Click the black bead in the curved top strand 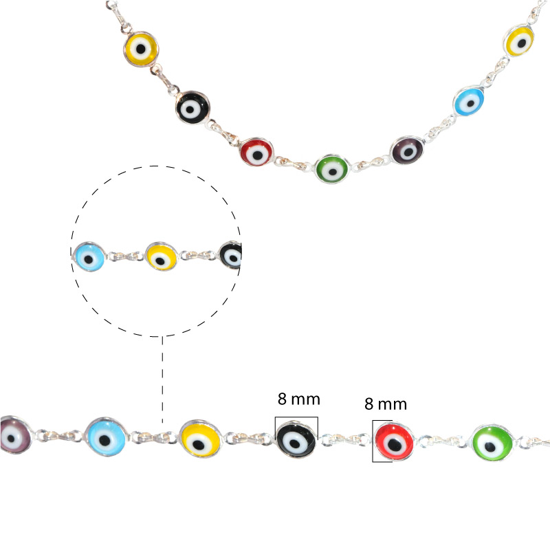pos(192,108)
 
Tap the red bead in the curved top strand pos(256,152)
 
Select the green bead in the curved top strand pos(332,169)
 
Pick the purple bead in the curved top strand pos(407,150)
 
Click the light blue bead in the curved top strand pos(469,100)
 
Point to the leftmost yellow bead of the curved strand pos(141,49)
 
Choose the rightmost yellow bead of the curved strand pos(520,40)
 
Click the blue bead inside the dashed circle pos(89,256)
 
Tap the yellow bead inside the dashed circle pos(162,256)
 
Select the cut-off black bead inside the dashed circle pos(230,255)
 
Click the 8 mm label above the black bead pos(299,399)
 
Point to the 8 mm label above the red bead pos(386,404)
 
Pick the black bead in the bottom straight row pos(296,439)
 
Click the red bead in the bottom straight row pos(394,441)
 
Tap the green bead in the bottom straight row pos(492,443)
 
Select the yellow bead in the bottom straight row pos(200,439)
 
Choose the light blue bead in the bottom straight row pos(107,437)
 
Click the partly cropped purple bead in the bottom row pos(16,434)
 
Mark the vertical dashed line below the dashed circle pos(162,379)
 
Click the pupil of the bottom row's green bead pos(490,447)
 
